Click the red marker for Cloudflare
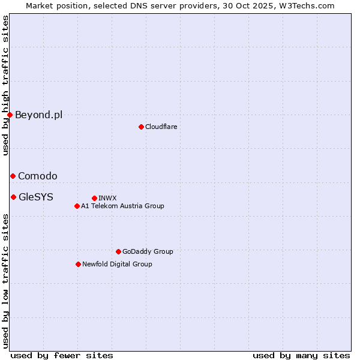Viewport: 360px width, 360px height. click(141, 127)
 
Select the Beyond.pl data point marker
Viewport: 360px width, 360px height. click(10, 115)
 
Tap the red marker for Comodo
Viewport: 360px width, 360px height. click(13, 176)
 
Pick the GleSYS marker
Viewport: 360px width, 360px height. click(13, 197)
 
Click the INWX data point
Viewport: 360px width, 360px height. click(94, 198)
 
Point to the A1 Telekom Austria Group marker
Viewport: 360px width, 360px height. click(77, 206)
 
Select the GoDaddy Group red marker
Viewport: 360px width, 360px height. click(118, 251)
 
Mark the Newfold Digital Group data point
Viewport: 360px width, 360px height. click(78, 264)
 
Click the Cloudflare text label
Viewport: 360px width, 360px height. click(161, 127)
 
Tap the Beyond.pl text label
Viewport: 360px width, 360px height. click(38, 115)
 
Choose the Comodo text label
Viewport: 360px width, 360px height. click(38, 176)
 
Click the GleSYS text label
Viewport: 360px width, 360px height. click(36, 197)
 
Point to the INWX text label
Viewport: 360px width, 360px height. click(107, 198)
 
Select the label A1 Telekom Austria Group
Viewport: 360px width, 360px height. click(122, 206)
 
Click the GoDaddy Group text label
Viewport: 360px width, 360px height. click(148, 251)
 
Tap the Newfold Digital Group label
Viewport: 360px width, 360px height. click(117, 264)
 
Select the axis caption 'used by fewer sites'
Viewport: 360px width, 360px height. click(62, 355)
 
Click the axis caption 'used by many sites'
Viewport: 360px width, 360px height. click(301, 355)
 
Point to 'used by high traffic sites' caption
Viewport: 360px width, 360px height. click(5, 85)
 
